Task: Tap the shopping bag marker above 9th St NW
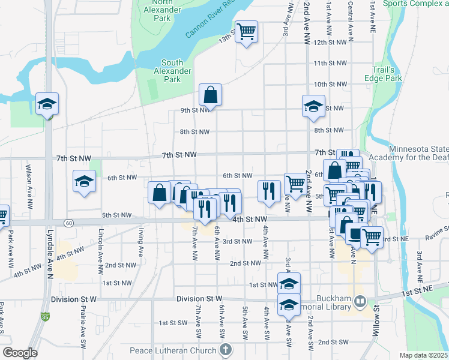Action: point(210,95)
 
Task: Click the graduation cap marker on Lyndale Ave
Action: point(47,104)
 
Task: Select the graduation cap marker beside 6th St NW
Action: point(84,181)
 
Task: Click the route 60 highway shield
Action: point(70,223)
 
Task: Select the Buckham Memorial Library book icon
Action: point(360,300)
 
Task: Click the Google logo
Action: point(20,353)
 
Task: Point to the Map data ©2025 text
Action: point(423,355)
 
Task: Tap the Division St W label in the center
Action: point(199,298)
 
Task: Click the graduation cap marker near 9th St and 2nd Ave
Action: point(313,106)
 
